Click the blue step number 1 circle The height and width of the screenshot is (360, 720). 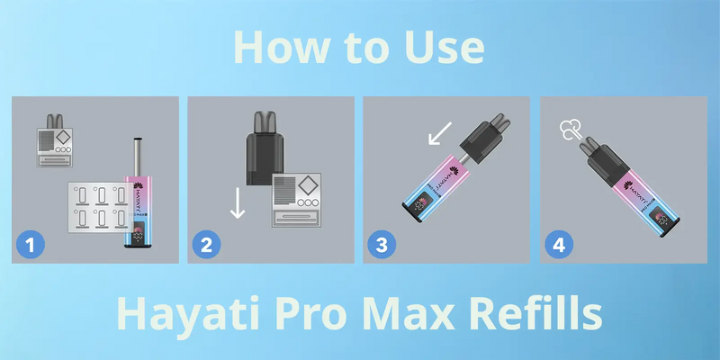pyautogui.click(x=31, y=243)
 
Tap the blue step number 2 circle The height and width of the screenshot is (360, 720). pyautogui.click(x=207, y=243)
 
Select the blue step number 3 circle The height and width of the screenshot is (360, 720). pyautogui.click(x=383, y=243)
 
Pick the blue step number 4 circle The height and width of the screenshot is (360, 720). pyautogui.click(x=560, y=243)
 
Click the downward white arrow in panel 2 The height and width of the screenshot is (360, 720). pyautogui.click(x=238, y=202)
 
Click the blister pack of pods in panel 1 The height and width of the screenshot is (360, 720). pyautogui.click(x=99, y=206)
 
